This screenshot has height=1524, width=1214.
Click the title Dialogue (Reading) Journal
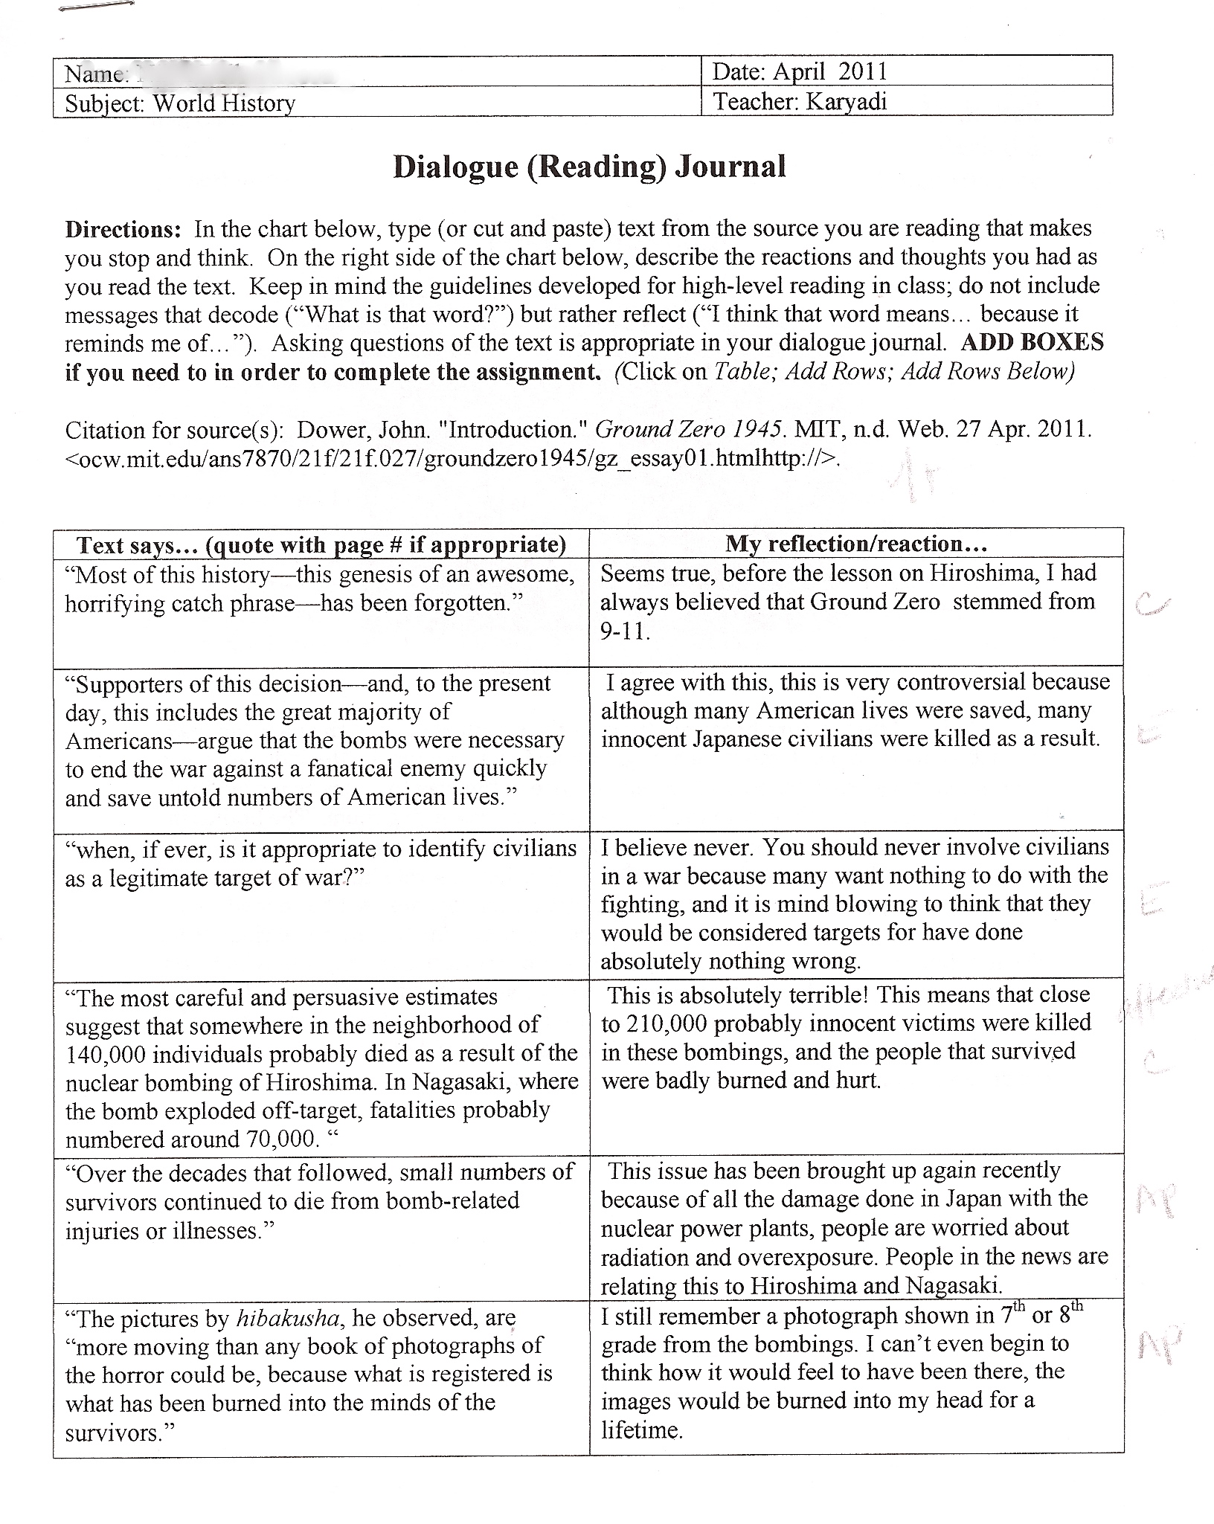coord(589,167)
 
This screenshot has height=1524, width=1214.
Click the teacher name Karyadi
coord(847,101)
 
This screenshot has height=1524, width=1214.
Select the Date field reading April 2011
coord(800,71)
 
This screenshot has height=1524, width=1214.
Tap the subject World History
coord(224,103)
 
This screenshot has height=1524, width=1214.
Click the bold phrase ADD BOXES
coord(1032,343)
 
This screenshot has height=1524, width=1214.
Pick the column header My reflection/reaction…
coord(856,544)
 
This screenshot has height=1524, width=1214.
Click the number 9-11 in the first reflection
coord(625,631)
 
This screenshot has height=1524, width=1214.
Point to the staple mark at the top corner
coord(96,7)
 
